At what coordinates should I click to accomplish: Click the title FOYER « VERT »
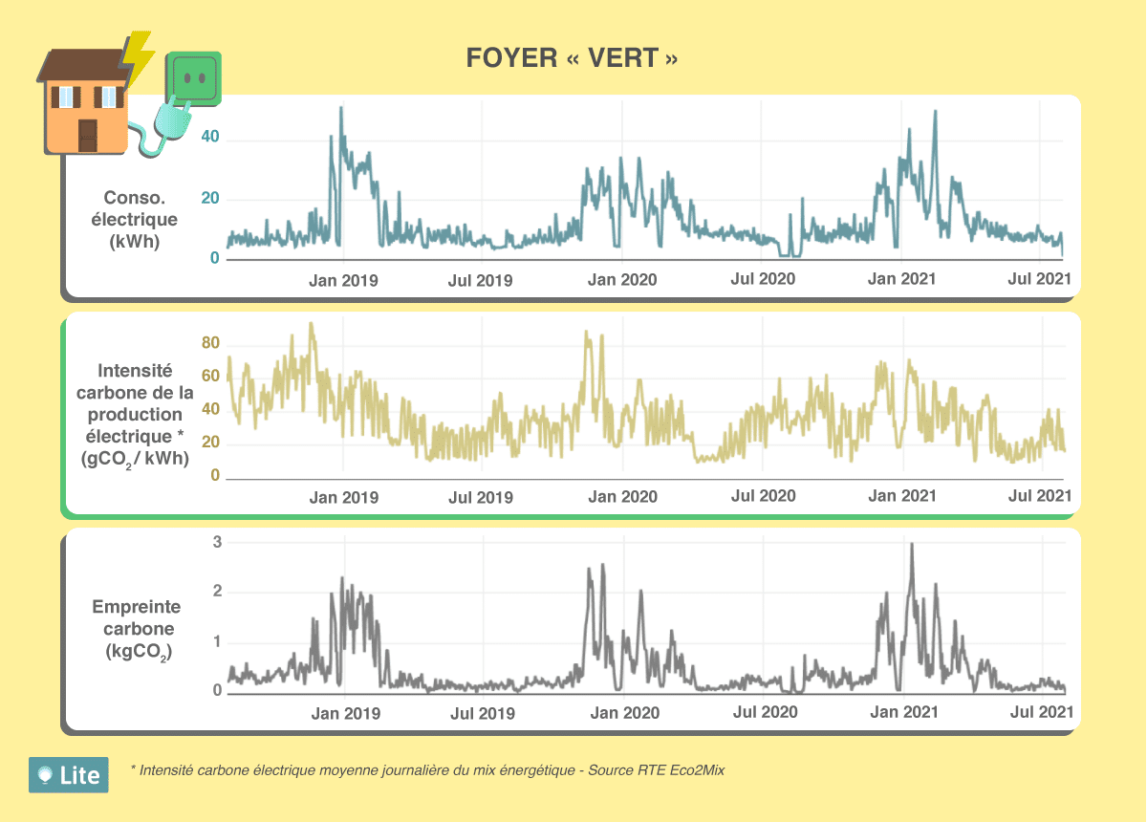point(573,58)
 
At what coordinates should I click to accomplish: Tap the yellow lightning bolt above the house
point(140,57)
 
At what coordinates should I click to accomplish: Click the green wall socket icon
point(195,76)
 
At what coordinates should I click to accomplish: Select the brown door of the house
point(87,136)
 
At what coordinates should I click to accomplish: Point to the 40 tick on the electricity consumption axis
point(209,138)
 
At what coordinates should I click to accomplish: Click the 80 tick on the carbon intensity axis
point(211,344)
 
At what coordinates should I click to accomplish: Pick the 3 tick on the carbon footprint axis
point(217,542)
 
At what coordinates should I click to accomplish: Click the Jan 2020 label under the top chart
point(622,280)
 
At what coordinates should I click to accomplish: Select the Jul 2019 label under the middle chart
point(481,497)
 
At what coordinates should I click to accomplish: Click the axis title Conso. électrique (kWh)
point(135,220)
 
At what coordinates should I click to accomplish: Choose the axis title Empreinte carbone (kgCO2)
point(135,630)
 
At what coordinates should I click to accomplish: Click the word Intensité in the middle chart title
point(135,370)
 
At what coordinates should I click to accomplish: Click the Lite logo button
point(69,775)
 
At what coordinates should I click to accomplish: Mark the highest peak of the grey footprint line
point(912,545)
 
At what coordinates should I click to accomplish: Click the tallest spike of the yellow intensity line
point(311,324)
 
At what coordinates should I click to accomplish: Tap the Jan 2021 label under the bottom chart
point(903,713)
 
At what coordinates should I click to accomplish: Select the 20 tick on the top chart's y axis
point(209,199)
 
